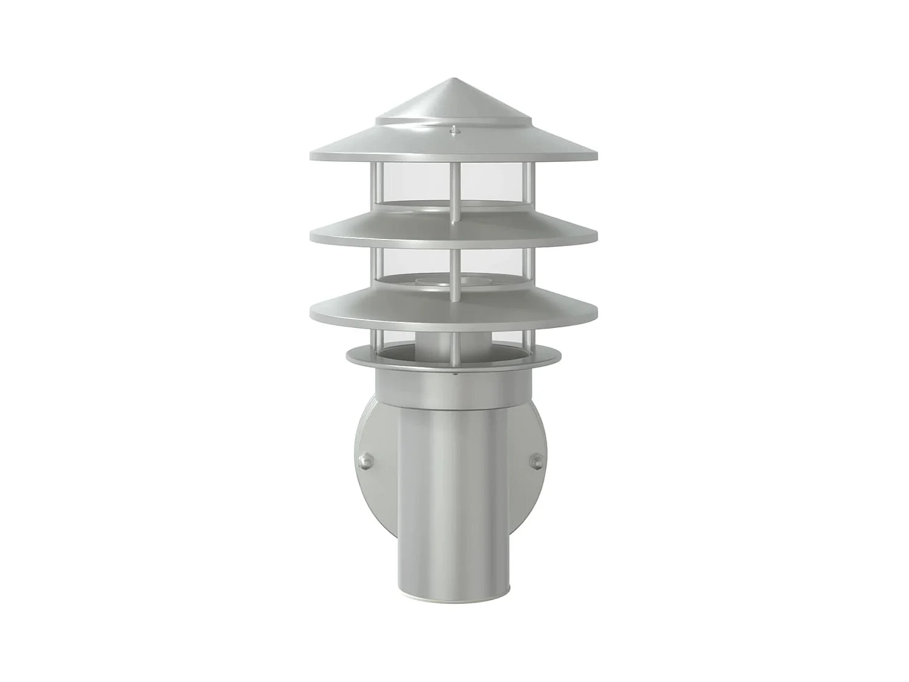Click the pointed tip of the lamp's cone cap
tap(452, 79)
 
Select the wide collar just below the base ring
tap(452, 388)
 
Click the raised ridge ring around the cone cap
tap(452, 121)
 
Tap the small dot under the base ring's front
tap(454, 375)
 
